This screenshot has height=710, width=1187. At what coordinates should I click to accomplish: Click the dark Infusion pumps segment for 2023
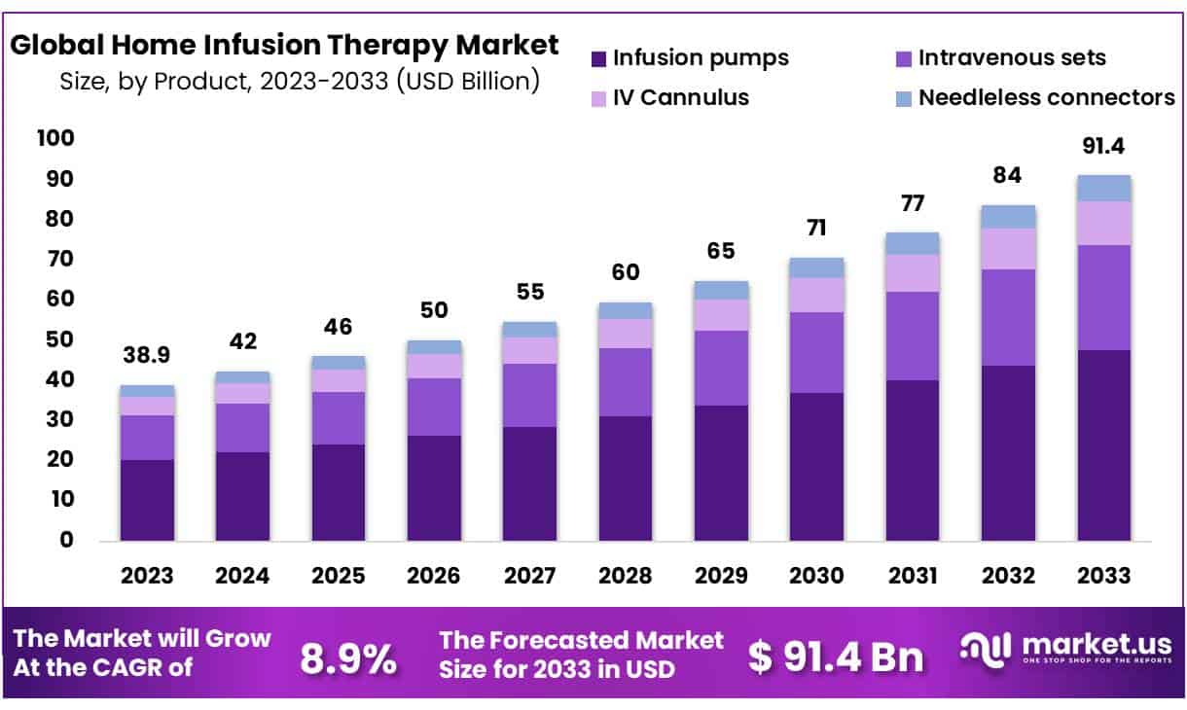(147, 499)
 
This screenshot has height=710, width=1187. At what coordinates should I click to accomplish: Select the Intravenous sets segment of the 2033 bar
(1103, 298)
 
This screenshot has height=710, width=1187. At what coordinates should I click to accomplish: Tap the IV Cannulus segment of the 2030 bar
(816, 295)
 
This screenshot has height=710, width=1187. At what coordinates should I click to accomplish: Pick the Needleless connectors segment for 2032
(1008, 216)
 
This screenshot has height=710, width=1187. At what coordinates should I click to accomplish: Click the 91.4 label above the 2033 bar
(1103, 148)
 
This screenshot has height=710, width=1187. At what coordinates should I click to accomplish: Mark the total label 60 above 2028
(626, 273)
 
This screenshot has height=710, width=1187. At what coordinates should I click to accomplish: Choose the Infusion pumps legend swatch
(599, 58)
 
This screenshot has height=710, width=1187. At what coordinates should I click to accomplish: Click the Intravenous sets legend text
(1012, 58)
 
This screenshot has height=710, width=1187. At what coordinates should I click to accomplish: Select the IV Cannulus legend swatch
(599, 98)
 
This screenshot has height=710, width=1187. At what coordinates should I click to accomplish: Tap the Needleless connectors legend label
(1046, 98)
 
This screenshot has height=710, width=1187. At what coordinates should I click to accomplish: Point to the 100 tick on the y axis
(54, 139)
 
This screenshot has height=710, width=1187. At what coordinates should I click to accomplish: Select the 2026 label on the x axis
(434, 576)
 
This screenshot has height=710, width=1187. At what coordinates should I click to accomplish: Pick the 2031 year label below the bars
(912, 576)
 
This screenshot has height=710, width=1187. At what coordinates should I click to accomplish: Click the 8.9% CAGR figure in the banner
(347, 658)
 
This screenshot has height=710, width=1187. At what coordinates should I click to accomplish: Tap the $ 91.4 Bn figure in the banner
(836, 657)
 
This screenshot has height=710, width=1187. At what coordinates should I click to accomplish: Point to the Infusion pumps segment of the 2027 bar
(529, 482)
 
